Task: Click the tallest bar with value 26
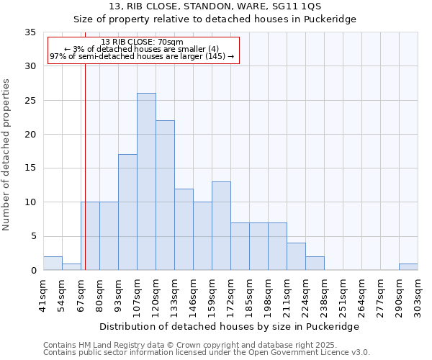146,181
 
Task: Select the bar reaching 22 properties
165,195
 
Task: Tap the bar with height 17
127,212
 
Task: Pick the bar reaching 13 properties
221,225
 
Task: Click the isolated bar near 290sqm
408,267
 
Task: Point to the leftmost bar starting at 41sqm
53,264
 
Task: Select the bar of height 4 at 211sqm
296,256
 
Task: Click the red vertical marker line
85,158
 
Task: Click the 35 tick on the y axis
30,32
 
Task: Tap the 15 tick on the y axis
30,168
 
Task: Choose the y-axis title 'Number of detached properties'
7,155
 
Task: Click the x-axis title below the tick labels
229,326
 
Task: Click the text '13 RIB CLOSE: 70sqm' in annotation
143,42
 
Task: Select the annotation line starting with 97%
143,56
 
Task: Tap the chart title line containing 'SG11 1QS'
215,7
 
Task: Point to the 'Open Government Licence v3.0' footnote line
207,353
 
